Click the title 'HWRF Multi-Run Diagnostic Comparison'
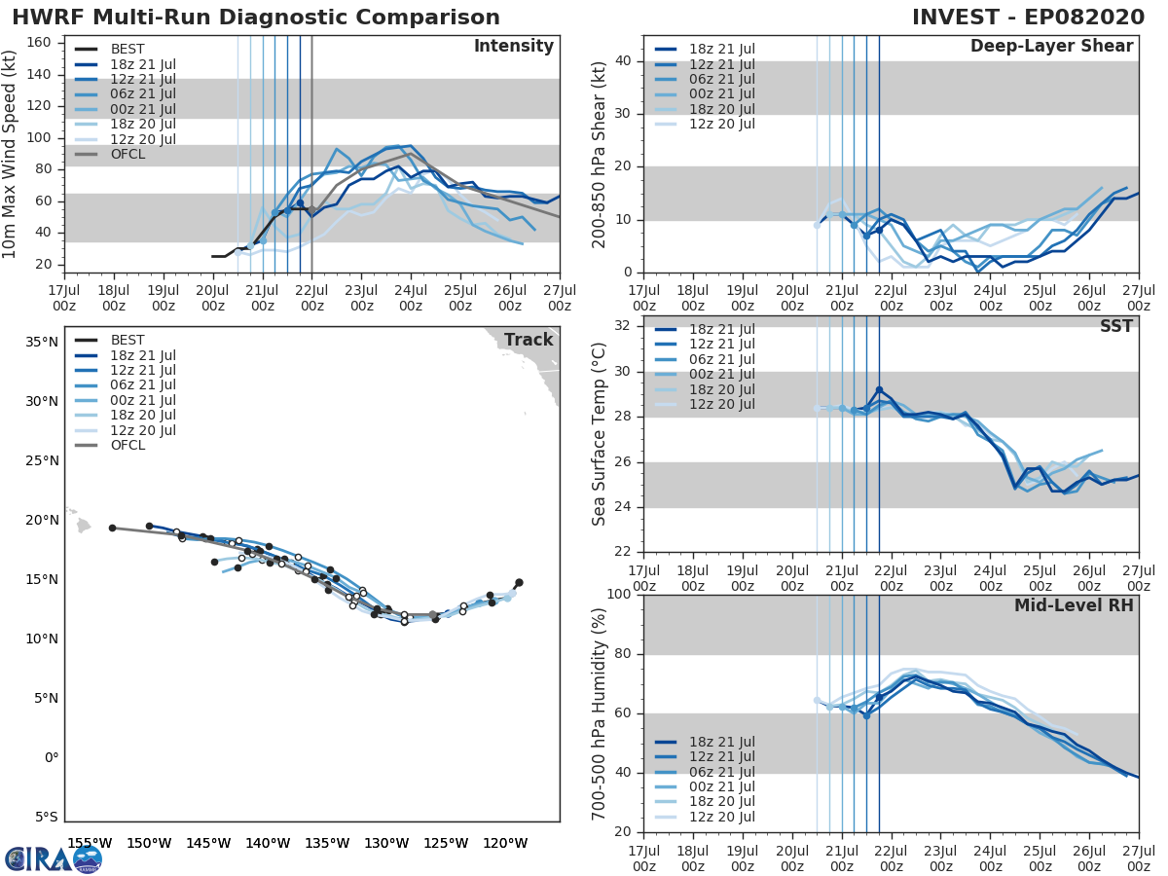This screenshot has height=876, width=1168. (256, 18)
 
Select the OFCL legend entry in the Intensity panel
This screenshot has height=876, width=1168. (128, 154)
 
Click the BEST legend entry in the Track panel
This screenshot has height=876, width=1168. (128, 341)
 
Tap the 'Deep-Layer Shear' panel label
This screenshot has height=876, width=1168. (1051, 47)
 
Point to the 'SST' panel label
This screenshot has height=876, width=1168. (1115, 327)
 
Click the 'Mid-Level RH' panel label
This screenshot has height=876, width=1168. (1074, 606)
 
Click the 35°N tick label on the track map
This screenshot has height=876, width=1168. (43, 342)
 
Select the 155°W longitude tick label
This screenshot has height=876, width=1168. (90, 843)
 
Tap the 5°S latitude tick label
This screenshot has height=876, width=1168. (46, 817)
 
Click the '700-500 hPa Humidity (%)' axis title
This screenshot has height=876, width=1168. (600, 712)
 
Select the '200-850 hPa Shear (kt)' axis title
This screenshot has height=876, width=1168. (600, 154)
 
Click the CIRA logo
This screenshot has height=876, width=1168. (54, 858)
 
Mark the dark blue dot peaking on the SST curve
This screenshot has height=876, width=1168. (879, 390)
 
